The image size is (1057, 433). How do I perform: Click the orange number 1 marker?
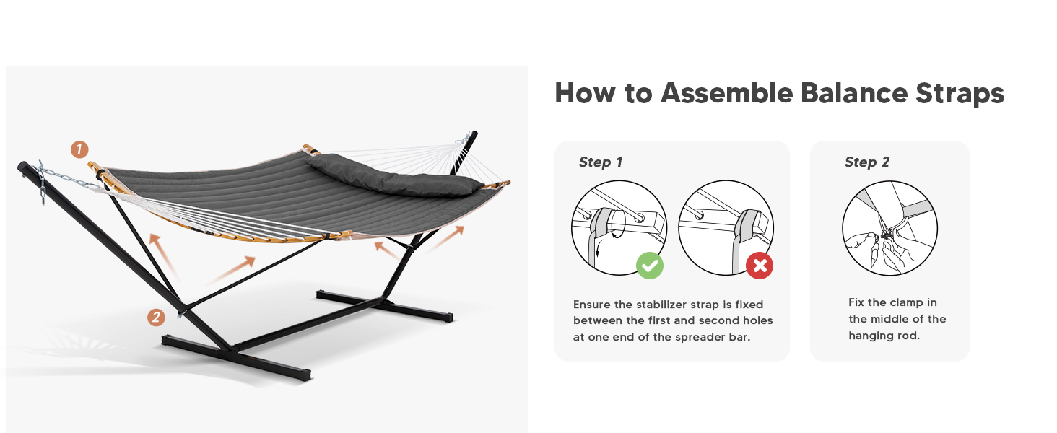pos(79,150)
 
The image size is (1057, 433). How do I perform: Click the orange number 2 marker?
pos(156,317)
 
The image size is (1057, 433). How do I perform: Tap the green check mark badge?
pos(650,266)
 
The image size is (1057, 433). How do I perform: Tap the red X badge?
pos(760,266)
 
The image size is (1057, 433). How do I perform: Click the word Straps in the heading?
pos(960,94)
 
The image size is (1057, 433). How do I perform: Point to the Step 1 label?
pos(600,162)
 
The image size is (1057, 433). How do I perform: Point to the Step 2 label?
pos(867,162)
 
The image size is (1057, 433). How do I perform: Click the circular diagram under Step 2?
pos(889,227)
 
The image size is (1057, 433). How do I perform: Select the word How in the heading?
pos(582,94)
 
